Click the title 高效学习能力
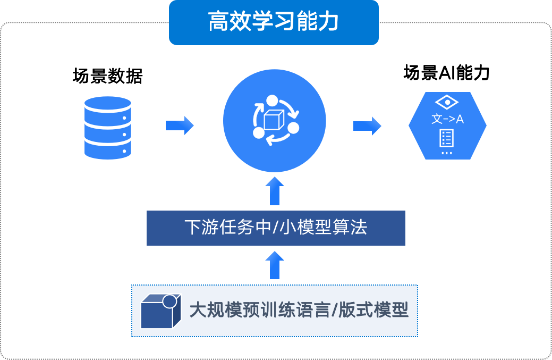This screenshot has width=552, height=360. [274, 23]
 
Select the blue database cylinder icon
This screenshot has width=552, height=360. [108, 128]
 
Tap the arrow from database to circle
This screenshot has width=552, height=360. [180, 125]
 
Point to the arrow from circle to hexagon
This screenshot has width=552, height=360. [367, 125]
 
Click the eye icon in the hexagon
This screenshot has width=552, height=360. [447, 102]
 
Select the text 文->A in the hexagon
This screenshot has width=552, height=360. [447, 119]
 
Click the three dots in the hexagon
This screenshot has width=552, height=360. [447, 153]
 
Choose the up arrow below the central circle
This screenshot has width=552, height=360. [274, 191]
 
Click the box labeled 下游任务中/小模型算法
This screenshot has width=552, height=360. [276, 228]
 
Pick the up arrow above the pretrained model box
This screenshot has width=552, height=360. [274, 265]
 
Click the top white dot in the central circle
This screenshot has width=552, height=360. [272, 100]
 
